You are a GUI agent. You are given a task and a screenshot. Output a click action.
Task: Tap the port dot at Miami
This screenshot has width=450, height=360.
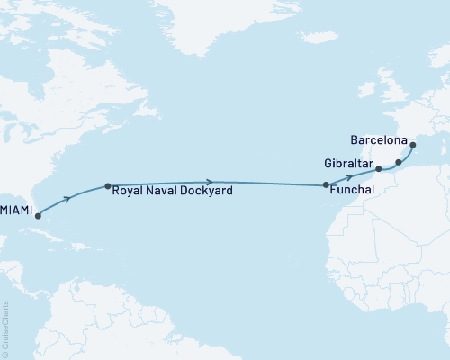37,216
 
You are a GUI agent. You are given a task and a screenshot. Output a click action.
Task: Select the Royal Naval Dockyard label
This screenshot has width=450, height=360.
174,192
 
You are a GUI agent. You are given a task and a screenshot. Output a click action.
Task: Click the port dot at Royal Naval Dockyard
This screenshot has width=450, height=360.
108,187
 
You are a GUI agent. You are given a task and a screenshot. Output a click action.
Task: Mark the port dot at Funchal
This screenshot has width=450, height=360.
326,185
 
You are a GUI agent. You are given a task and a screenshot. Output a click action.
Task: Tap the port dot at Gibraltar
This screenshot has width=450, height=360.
379,169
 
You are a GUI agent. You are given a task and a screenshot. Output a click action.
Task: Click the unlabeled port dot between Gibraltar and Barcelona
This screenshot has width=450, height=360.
399,163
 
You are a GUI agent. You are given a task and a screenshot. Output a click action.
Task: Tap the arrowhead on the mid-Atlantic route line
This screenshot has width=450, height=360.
209,183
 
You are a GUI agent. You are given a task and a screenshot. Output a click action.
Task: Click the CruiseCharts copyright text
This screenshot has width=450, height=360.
5,328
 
